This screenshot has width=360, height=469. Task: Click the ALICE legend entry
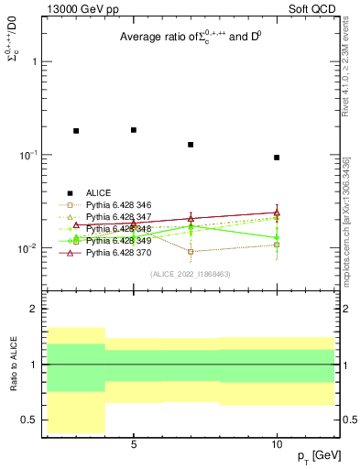tap(100, 192)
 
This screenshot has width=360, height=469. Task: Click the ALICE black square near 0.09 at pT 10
tap(277, 158)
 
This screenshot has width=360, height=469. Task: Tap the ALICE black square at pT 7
tap(191, 145)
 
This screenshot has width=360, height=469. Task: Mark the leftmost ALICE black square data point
tap(76, 131)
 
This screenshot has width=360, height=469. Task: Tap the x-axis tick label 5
tap(134, 444)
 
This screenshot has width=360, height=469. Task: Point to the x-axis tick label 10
tap(277, 444)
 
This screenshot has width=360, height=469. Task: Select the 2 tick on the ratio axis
tap(34, 310)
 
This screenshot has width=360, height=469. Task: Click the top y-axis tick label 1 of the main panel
tap(35, 61)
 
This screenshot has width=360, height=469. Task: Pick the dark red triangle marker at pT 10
tap(277, 213)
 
